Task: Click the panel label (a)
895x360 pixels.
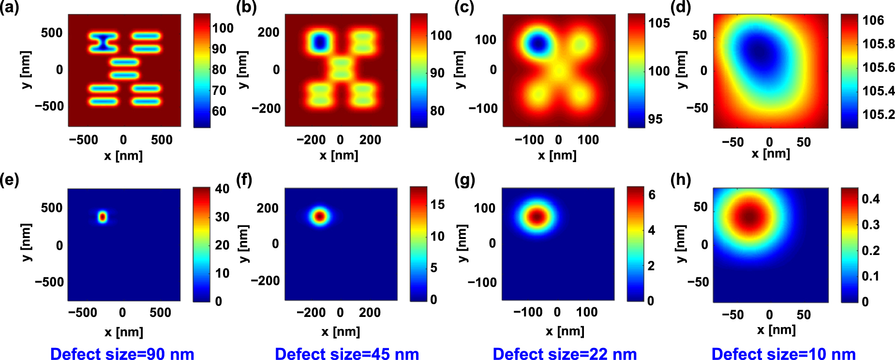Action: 9,8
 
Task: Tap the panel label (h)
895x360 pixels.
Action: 680,180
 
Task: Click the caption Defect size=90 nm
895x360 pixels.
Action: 122,354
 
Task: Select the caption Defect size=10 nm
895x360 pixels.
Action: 783,354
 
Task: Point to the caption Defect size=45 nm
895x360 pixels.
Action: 346,354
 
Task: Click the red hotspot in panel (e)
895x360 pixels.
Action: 102,217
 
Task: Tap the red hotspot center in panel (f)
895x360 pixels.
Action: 319,216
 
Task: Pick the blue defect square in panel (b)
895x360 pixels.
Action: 319,43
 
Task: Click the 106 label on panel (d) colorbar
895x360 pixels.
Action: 873,20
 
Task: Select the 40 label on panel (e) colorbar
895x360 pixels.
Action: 222,189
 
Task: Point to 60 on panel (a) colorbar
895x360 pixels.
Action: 219,111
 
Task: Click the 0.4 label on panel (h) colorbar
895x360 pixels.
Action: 871,199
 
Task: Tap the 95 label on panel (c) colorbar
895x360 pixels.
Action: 655,119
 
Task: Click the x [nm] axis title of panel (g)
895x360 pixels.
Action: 565,331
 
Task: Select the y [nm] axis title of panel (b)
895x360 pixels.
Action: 243,70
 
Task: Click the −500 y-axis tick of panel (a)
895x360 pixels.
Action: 49,106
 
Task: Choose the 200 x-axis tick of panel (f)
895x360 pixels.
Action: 370,313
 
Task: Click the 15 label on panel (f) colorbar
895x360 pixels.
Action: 437,204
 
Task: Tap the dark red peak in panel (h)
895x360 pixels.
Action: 749,216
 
